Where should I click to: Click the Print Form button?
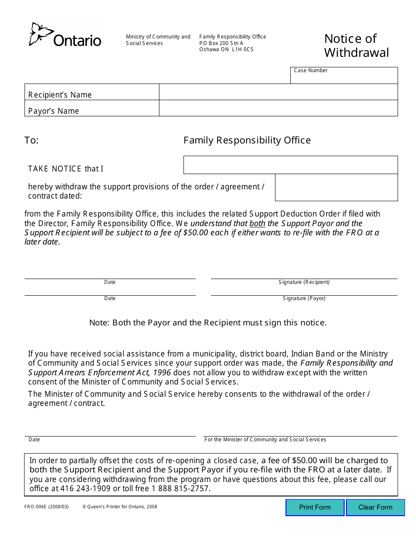pos(315,507)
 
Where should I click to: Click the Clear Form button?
pos(375,507)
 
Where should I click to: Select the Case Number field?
pos(344,77)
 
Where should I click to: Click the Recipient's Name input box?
pos(278,92)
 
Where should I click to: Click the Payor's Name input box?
pos(278,108)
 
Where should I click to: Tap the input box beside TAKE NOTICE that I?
pos(290,165)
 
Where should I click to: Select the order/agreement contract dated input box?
pos(336,188)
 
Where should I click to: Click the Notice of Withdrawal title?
pos(356,45)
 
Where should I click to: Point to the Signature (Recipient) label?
pos(304,282)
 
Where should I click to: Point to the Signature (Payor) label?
pos(304,298)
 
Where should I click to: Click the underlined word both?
pos(257,223)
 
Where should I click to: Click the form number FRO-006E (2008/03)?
pos(47,507)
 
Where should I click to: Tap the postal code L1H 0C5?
pos(243,49)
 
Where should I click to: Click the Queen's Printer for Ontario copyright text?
pos(120,507)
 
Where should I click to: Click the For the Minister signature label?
pos(265,440)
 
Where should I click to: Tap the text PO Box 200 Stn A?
pos(221,43)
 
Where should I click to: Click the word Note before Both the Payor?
pos(99,323)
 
